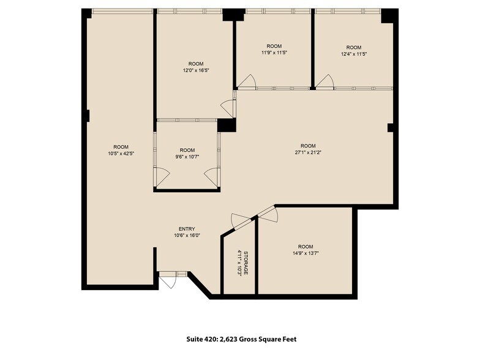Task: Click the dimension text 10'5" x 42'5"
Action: click(x=120, y=154)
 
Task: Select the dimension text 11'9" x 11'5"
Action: click(x=274, y=53)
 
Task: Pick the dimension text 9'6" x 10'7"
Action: click(x=187, y=157)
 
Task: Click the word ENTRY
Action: click(x=187, y=229)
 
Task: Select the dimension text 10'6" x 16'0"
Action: click(x=187, y=236)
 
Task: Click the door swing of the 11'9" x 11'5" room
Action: click(x=246, y=81)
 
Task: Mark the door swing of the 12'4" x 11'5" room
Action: click(x=324, y=81)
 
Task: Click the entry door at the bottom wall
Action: click(x=167, y=280)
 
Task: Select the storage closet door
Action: click(x=240, y=220)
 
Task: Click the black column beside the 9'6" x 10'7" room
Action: click(x=227, y=125)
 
